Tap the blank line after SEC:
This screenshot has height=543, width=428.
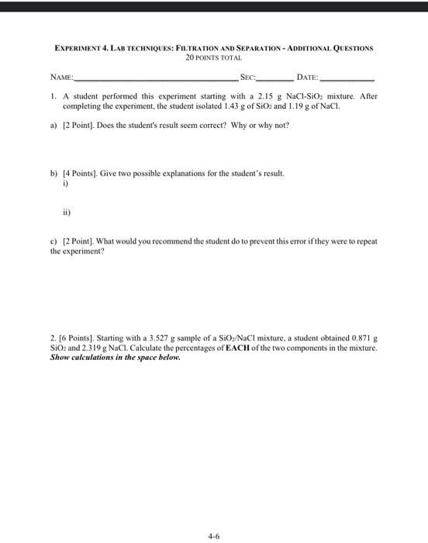click(275, 80)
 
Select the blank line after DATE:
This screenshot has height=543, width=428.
click(347, 80)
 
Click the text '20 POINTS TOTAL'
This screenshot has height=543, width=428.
click(214, 57)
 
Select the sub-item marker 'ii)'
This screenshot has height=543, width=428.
click(67, 209)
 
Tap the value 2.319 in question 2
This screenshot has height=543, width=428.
click(95, 349)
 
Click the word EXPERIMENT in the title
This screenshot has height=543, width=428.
click(81, 47)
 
